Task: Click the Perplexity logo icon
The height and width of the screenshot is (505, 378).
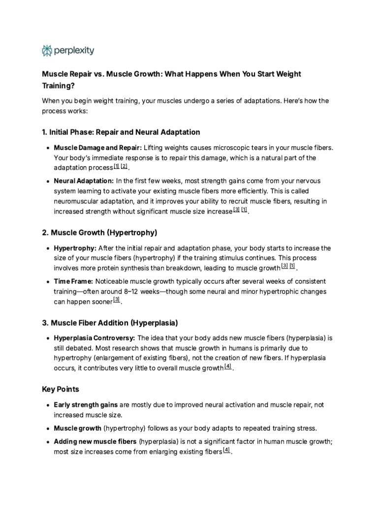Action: [x=47, y=50]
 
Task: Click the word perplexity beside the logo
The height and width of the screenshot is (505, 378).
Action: [x=74, y=50]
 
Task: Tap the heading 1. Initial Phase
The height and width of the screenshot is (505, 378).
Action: [x=121, y=132]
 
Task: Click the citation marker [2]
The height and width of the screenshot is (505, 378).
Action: [x=124, y=167]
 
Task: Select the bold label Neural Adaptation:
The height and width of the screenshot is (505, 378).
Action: [x=84, y=181]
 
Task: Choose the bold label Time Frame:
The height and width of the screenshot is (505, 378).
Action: [x=73, y=281]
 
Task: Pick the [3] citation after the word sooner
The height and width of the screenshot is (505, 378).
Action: [x=116, y=300]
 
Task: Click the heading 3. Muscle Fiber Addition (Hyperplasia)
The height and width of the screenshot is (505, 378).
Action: [x=110, y=323]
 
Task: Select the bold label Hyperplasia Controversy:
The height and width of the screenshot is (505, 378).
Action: [x=94, y=338]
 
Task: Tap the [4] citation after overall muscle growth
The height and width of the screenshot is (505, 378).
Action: [x=227, y=367]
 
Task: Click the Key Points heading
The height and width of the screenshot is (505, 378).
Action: [x=60, y=389]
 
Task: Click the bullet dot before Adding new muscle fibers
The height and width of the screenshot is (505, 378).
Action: [x=47, y=442]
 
